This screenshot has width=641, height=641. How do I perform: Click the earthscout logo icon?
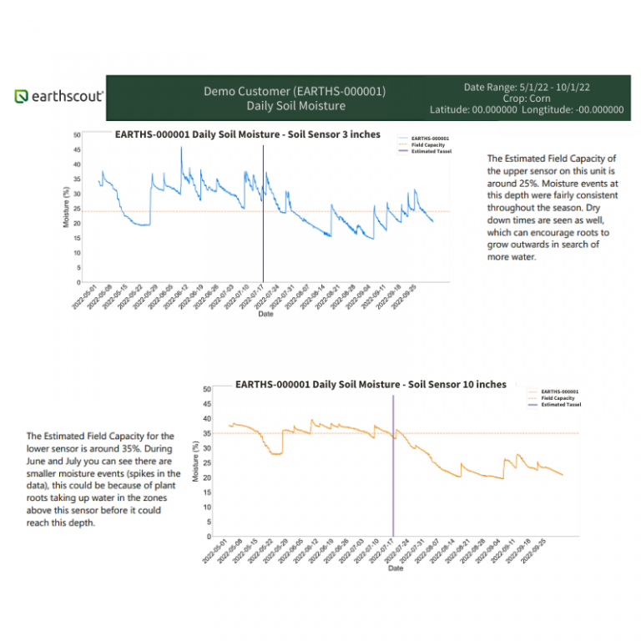(22, 97)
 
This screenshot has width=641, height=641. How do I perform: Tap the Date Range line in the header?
(527, 86)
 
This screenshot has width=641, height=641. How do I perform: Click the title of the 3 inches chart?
(247, 134)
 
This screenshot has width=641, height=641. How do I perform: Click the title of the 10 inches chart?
(371, 385)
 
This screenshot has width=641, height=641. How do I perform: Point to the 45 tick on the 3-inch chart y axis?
(78, 150)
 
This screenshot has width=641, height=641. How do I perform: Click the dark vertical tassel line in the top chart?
(263, 217)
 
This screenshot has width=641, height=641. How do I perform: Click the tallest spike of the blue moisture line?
(181, 149)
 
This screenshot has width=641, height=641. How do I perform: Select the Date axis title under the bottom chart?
(396, 568)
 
